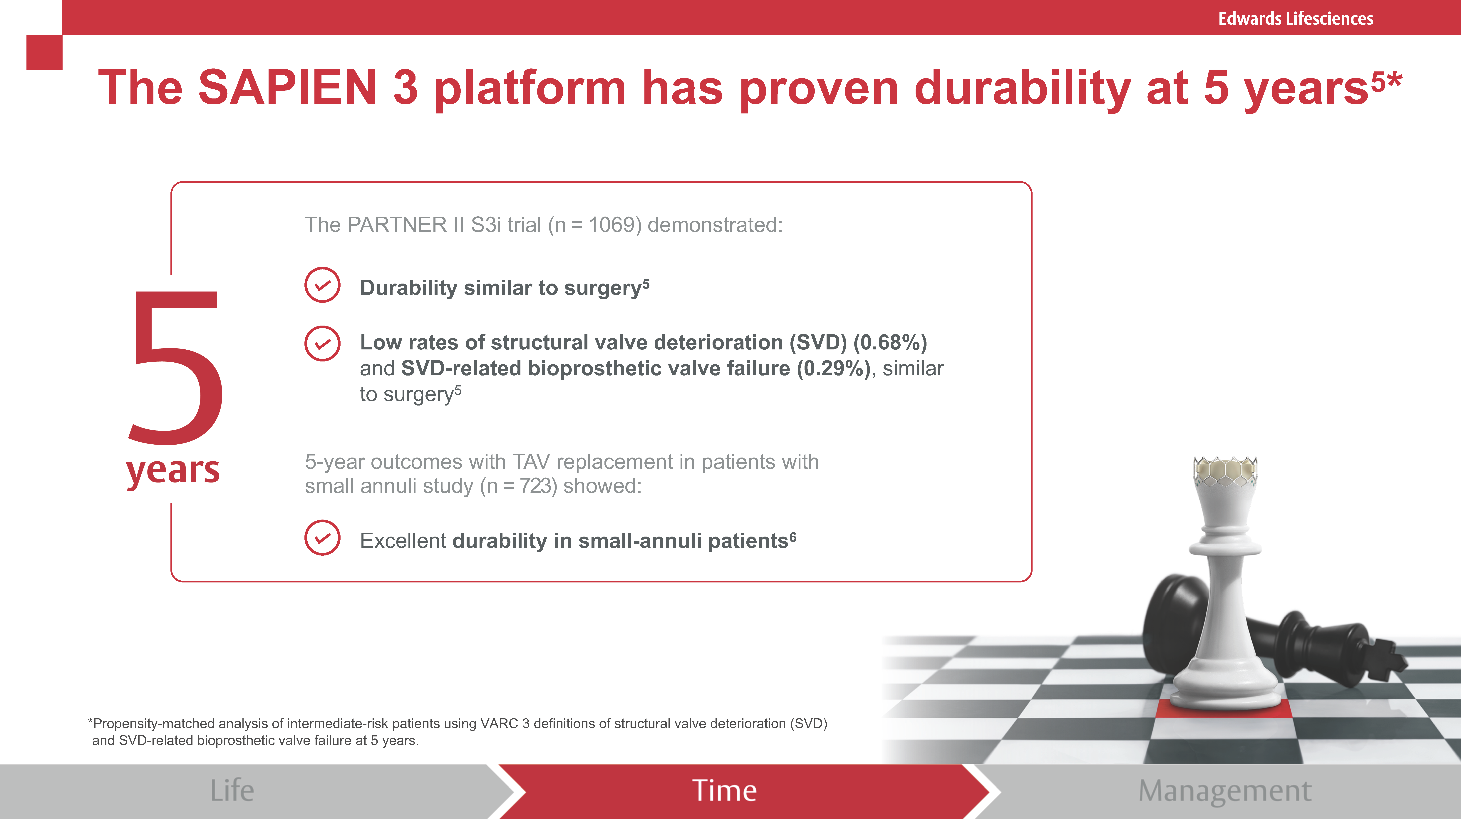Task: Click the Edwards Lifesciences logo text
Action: tap(1295, 19)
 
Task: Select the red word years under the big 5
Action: tap(173, 471)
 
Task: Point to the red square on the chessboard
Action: tap(1224, 709)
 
